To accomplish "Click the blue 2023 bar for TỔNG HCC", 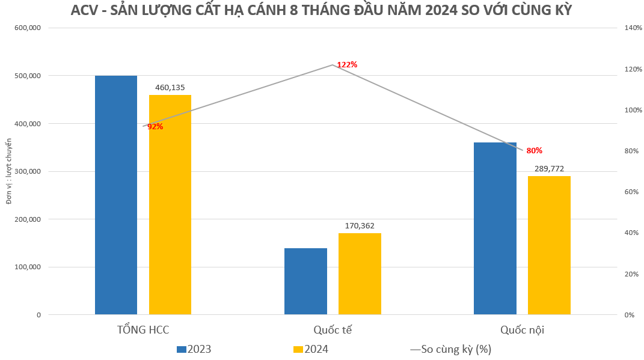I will (x=116, y=195).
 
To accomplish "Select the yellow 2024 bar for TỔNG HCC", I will (x=170, y=204).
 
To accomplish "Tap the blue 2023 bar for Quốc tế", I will (x=305, y=281).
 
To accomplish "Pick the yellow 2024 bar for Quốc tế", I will (x=360, y=273).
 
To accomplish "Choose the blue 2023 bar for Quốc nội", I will (x=495, y=228).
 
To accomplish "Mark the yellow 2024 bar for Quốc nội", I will (x=549, y=245).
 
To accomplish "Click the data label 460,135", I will (x=170, y=88).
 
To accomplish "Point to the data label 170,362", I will (x=360, y=226).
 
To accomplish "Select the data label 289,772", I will (x=549, y=169).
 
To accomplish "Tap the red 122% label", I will (x=347, y=64).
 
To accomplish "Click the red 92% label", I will (x=155, y=126).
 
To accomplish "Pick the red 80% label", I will (x=534, y=150).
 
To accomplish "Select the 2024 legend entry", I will (x=311, y=349).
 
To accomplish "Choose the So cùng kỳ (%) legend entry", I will (x=451, y=349).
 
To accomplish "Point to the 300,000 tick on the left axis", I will (x=26, y=171).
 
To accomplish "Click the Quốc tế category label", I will (x=333, y=331).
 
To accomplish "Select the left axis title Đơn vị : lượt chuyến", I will (x=9, y=171).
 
